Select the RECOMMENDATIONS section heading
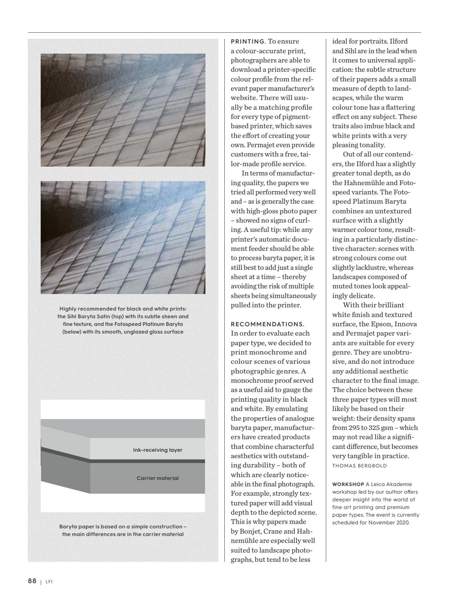pyautogui.click(x=267, y=324)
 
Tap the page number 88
pyautogui.click(x=32, y=581)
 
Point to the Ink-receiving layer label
pyautogui.click(x=157, y=450)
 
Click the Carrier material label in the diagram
pyautogui.click(x=157, y=478)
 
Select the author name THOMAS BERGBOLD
pyautogui.click(x=359, y=466)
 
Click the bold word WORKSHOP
pyautogui.click(x=348, y=484)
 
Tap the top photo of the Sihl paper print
pyautogui.click(x=123, y=110)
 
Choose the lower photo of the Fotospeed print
pyautogui.click(x=123, y=237)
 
